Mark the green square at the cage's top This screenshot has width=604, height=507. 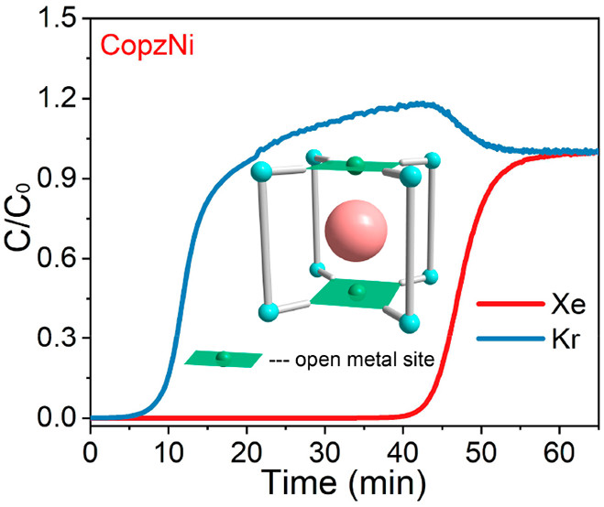point(357,165)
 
